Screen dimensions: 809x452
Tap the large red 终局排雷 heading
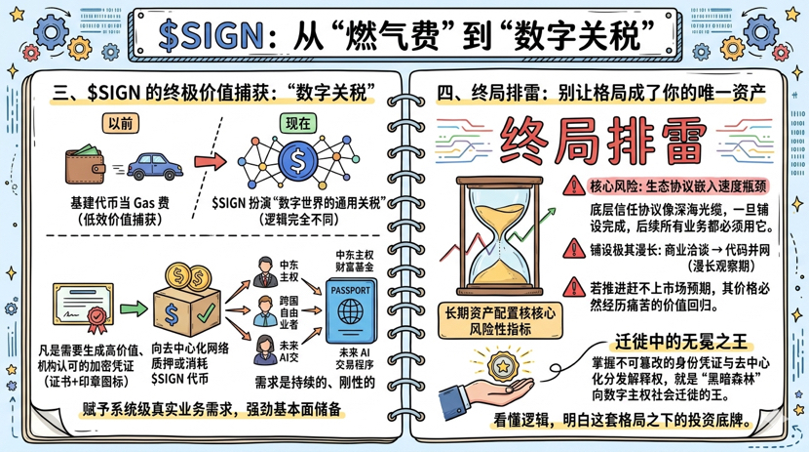[601, 144]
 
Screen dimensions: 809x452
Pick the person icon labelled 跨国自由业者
[263, 312]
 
